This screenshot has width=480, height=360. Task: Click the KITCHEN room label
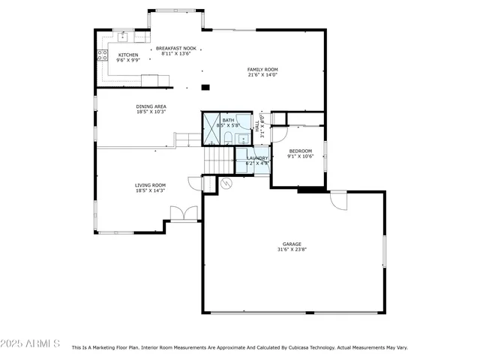click(127, 55)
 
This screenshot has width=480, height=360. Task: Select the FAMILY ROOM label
click(262, 69)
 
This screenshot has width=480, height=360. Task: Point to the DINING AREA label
click(151, 106)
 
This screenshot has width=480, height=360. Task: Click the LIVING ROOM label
click(150, 185)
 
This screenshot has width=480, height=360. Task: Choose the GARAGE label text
click(292, 244)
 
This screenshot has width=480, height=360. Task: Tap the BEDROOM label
click(300, 151)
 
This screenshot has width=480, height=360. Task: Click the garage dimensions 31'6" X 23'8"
click(292, 250)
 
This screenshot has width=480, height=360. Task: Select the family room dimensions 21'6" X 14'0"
click(262, 75)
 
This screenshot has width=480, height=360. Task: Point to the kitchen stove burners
click(102, 54)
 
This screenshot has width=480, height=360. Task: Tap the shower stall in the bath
click(210, 128)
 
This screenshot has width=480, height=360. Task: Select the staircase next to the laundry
click(220, 160)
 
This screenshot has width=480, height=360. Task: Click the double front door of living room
click(183, 214)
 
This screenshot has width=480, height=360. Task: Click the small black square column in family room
click(205, 87)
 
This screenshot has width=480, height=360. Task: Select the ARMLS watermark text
click(31, 343)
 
